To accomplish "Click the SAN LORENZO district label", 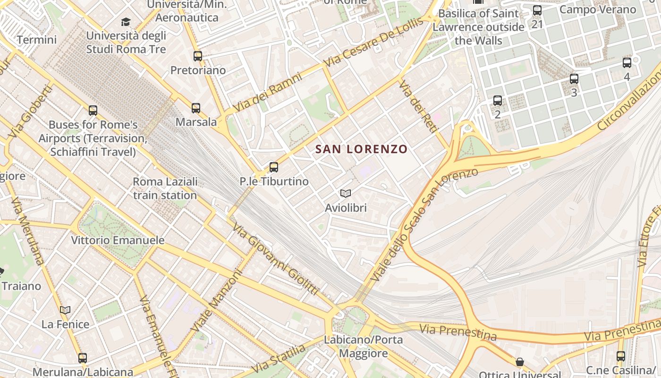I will (361, 149).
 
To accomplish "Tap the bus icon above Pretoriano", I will (198, 56).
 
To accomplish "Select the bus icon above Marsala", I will (196, 108).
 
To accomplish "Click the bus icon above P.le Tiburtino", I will (274, 167).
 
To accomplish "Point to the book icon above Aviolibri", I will (346, 193).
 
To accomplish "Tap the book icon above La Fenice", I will (65, 310).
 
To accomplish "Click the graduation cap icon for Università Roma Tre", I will (126, 22).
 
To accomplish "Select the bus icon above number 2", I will (498, 100).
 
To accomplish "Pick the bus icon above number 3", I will (574, 78).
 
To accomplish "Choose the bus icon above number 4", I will (627, 62).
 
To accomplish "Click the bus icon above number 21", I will (537, 10).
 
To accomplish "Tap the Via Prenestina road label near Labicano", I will (458, 332).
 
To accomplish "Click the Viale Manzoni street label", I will (216, 300).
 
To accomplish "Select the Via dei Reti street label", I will (415, 109).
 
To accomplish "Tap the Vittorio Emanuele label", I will (118, 240).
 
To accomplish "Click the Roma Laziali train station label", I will (165, 188).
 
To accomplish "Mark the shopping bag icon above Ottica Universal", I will (520, 362).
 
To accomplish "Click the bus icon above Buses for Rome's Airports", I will (93, 111).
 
